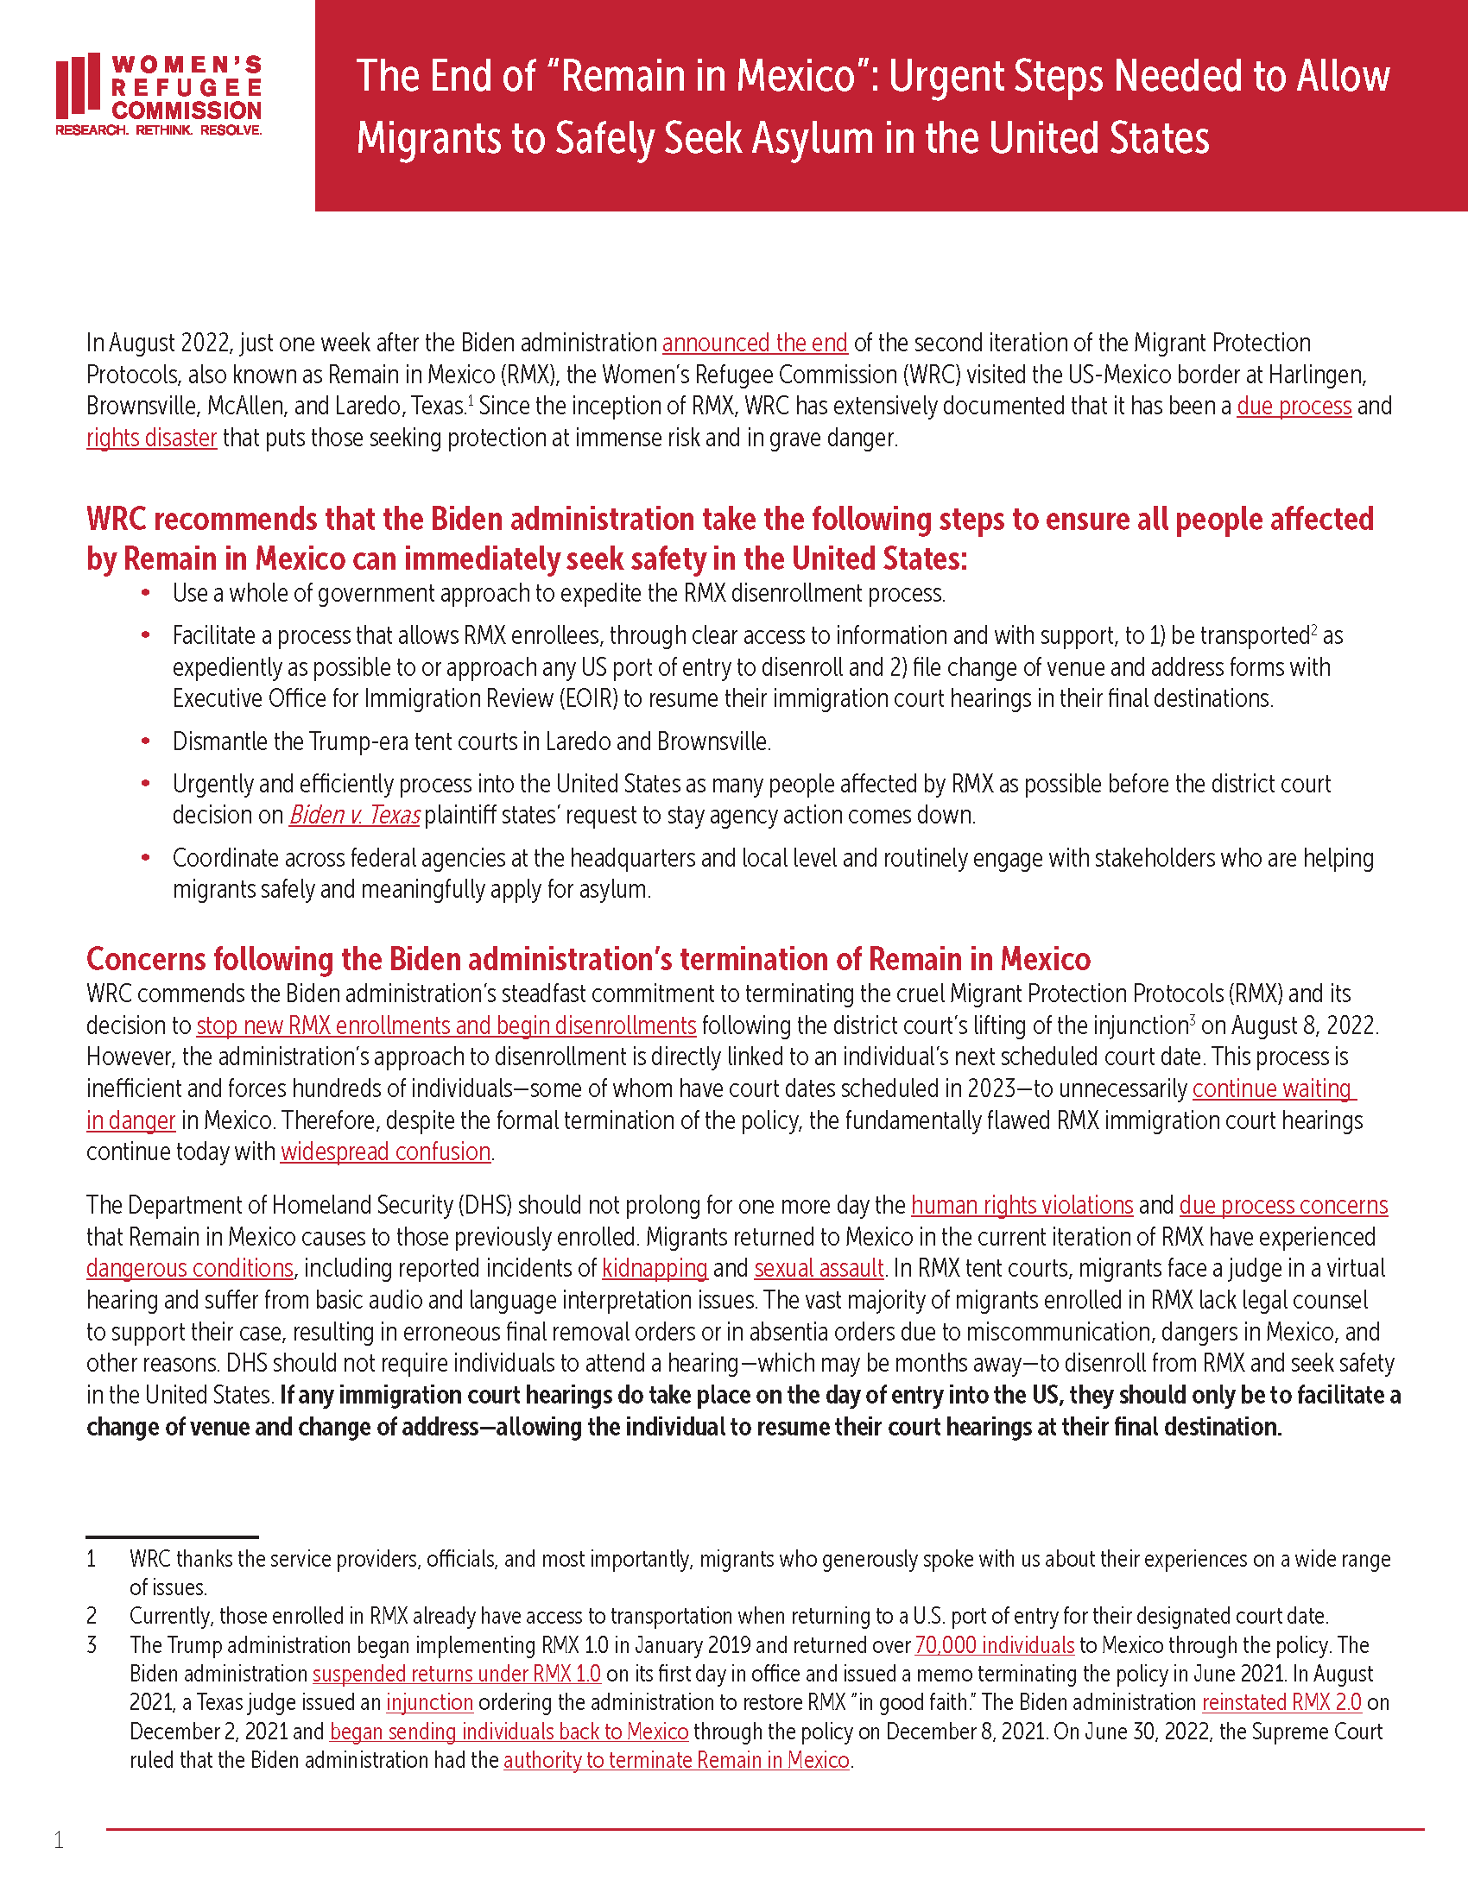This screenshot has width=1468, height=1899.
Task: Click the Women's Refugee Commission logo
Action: tap(158, 95)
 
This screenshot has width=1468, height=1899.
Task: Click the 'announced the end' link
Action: tap(754, 344)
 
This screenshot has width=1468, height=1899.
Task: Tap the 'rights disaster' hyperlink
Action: tap(151, 438)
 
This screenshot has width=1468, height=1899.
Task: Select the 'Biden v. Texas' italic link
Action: tap(354, 816)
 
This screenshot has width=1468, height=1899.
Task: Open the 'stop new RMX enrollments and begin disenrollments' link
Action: tap(446, 1026)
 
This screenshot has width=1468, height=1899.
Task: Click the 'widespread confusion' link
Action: tap(385, 1152)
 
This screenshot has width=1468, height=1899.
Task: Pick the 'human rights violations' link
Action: tap(1022, 1206)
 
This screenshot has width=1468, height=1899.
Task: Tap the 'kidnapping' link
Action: tap(654, 1269)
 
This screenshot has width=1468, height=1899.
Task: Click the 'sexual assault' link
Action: tap(819, 1269)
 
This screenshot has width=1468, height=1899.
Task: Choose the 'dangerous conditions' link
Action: tap(190, 1269)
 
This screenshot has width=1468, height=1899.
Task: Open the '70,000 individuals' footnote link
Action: tap(994, 1646)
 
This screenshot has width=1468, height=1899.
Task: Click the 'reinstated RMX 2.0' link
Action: tap(1281, 1702)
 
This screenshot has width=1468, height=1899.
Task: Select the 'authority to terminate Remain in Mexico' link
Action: tap(676, 1761)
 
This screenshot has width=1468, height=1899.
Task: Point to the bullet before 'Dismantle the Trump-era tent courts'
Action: tap(146, 741)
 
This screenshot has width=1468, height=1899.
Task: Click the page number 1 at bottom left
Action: tap(58, 1840)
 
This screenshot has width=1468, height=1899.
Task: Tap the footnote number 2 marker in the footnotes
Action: tap(92, 1617)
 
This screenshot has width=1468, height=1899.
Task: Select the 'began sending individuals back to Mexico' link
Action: tap(509, 1732)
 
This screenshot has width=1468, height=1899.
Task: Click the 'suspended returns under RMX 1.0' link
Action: tap(457, 1675)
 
